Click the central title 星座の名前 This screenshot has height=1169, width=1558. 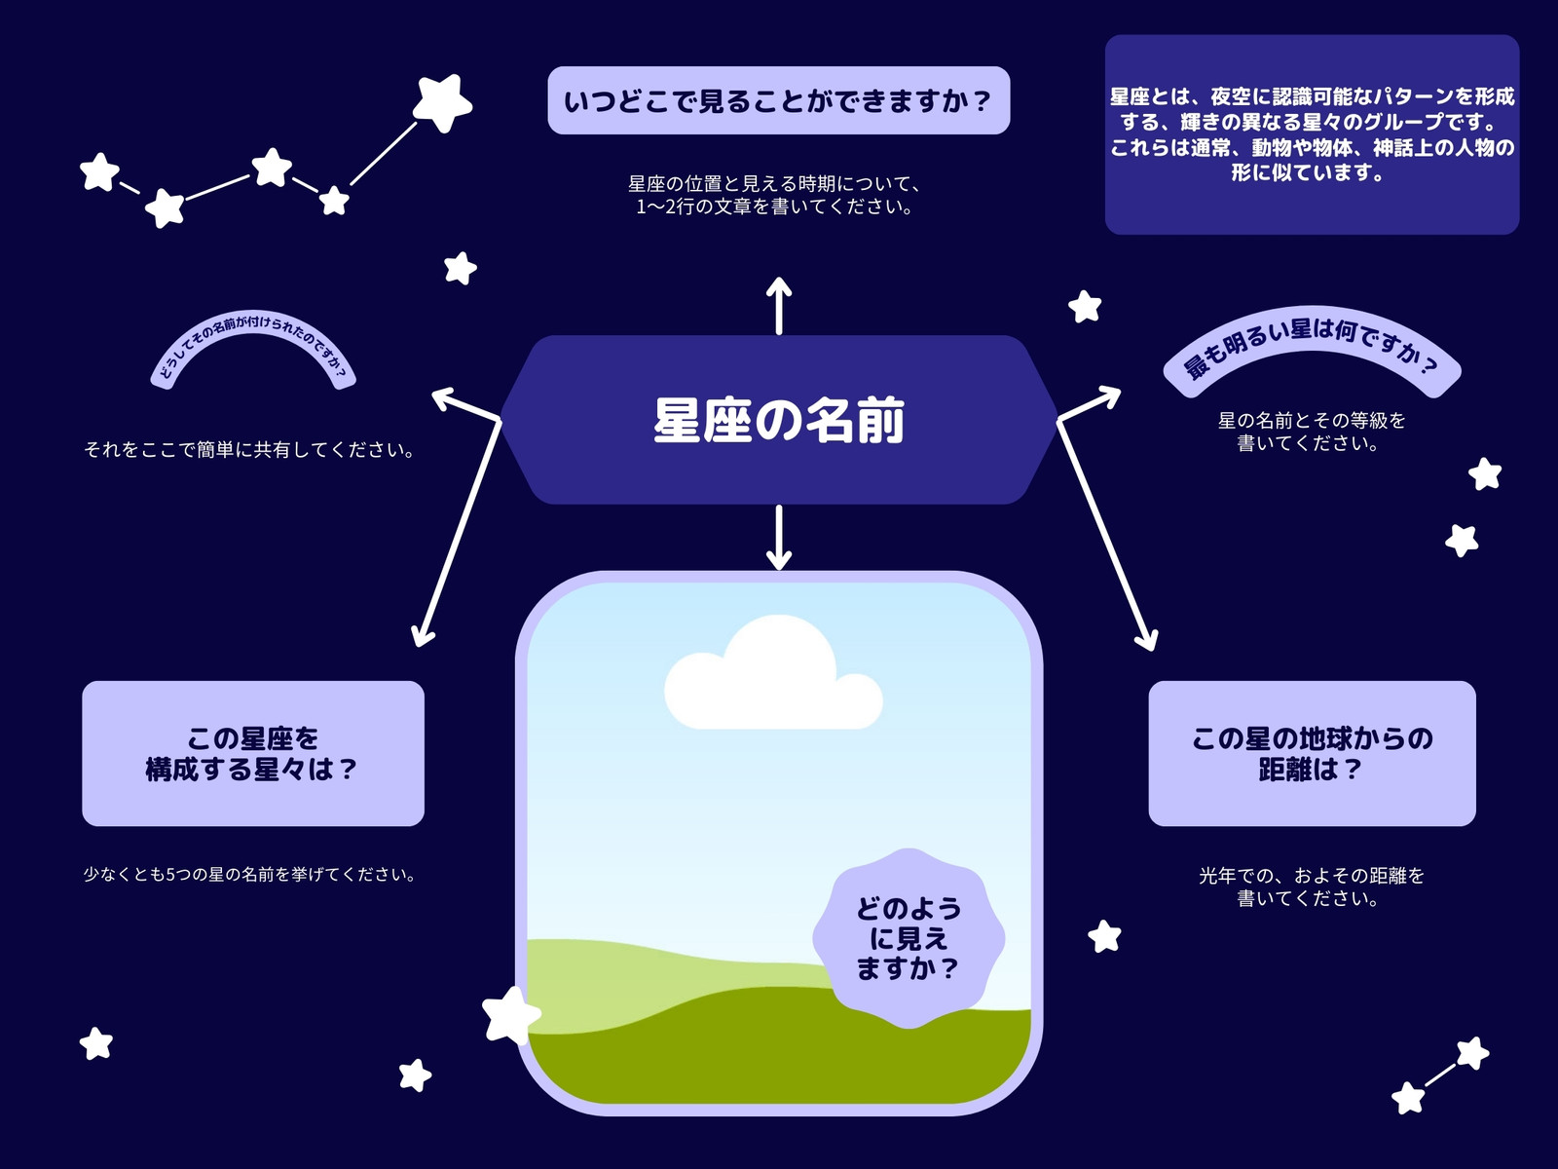(779, 420)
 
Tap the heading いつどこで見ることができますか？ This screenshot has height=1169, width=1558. (779, 100)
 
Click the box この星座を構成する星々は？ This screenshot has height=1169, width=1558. (253, 753)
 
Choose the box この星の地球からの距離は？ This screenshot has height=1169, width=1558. (1312, 753)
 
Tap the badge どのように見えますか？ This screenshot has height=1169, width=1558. (909, 938)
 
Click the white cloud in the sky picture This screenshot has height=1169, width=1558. (774, 674)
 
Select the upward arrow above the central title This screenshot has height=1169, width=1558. (779, 305)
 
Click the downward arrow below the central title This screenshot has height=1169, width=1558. (779, 538)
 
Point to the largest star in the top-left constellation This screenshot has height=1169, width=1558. (442, 102)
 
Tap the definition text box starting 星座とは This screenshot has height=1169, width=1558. (1312, 134)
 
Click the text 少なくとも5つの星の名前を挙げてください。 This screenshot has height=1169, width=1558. (250, 875)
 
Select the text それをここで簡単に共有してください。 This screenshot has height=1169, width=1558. (250, 450)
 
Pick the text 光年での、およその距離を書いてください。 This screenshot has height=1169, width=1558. (1312, 887)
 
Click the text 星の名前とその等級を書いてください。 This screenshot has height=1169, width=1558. (1312, 432)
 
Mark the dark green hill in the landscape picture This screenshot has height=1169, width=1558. (779, 1058)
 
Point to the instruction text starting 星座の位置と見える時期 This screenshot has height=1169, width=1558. (774, 195)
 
